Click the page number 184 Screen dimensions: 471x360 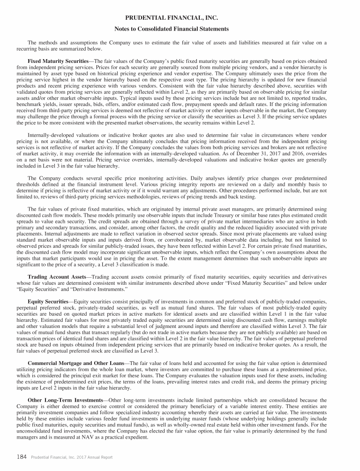pyautogui.click(x=22, y=457)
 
